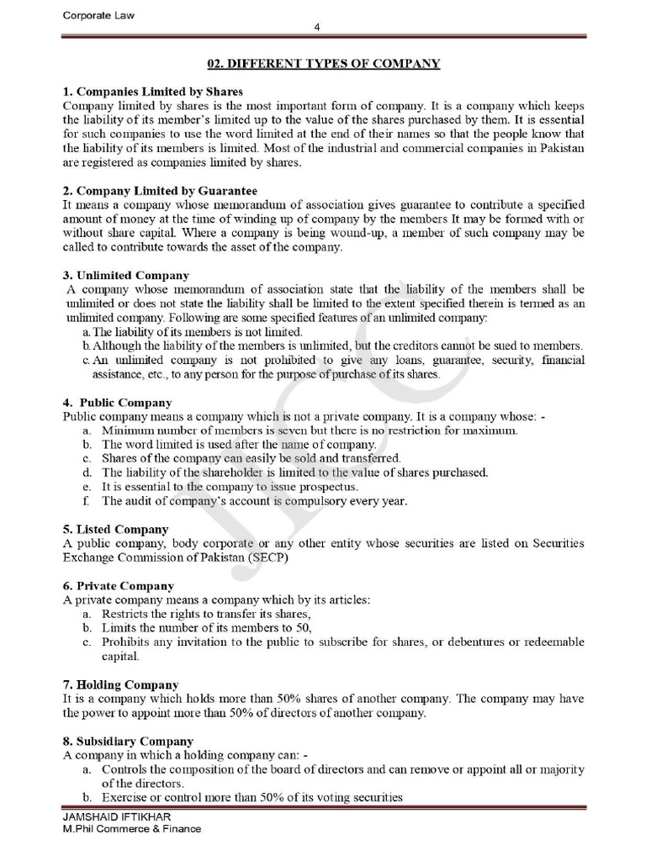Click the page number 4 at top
(317, 27)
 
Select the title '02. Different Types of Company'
(324, 64)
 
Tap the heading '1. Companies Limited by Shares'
(153, 92)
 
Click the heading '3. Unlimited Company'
(126, 275)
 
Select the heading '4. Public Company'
(118, 402)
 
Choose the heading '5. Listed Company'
(116, 529)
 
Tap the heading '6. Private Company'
(119, 585)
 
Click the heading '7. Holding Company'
(121, 684)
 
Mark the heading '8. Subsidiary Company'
(128, 741)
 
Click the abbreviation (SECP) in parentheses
(272, 557)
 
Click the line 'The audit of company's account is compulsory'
(254, 501)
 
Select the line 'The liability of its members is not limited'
(197, 332)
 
